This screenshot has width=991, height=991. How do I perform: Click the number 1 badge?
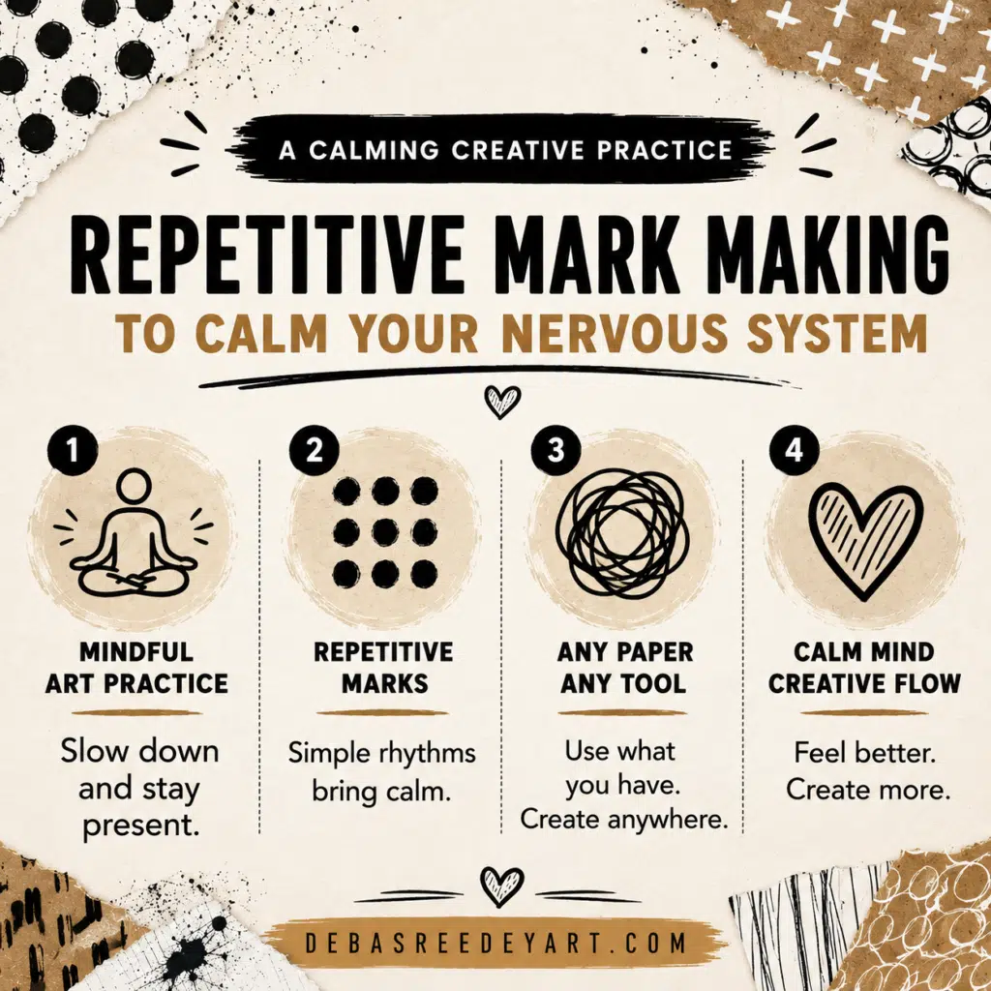click(x=72, y=450)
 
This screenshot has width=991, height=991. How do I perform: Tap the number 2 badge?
click(x=315, y=450)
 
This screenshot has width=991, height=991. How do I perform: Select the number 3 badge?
click(x=556, y=450)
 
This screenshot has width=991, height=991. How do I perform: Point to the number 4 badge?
click(x=794, y=450)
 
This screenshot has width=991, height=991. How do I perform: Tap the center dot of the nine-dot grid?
click(x=385, y=533)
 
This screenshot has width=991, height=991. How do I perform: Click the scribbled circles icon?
click(x=622, y=533)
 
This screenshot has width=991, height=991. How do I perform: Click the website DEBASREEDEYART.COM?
click(x=495, y=943)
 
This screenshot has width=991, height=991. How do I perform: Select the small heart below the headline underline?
click(x=502, y=402)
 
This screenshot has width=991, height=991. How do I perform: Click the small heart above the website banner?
click(x=502, y=886)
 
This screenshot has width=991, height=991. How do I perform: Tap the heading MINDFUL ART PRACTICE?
click(x=136, y=668)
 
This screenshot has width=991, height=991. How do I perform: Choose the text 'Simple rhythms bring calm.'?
click(x=381, y=771)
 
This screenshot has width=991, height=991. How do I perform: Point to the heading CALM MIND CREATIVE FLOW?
click(x=864, y=668)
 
